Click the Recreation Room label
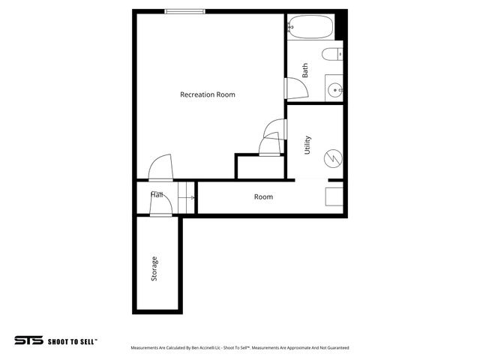click(x=208, y=94)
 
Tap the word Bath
click(x=305, y=70)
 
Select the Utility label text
click(x=307, y=145)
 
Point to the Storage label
click(x=154, y=268)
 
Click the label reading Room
click(x=263, y=197)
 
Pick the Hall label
click(x=157, y=195)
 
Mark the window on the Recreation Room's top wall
click(x=185, y=10)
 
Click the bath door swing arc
click(x=298, y=88)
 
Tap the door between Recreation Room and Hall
click(x=160, y=169)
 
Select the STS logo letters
click(x=28, y=340)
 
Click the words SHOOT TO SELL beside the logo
click(x=73, y=340)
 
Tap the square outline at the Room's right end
click(x=334, y=196)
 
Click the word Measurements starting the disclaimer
click(x=146, y=348)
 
